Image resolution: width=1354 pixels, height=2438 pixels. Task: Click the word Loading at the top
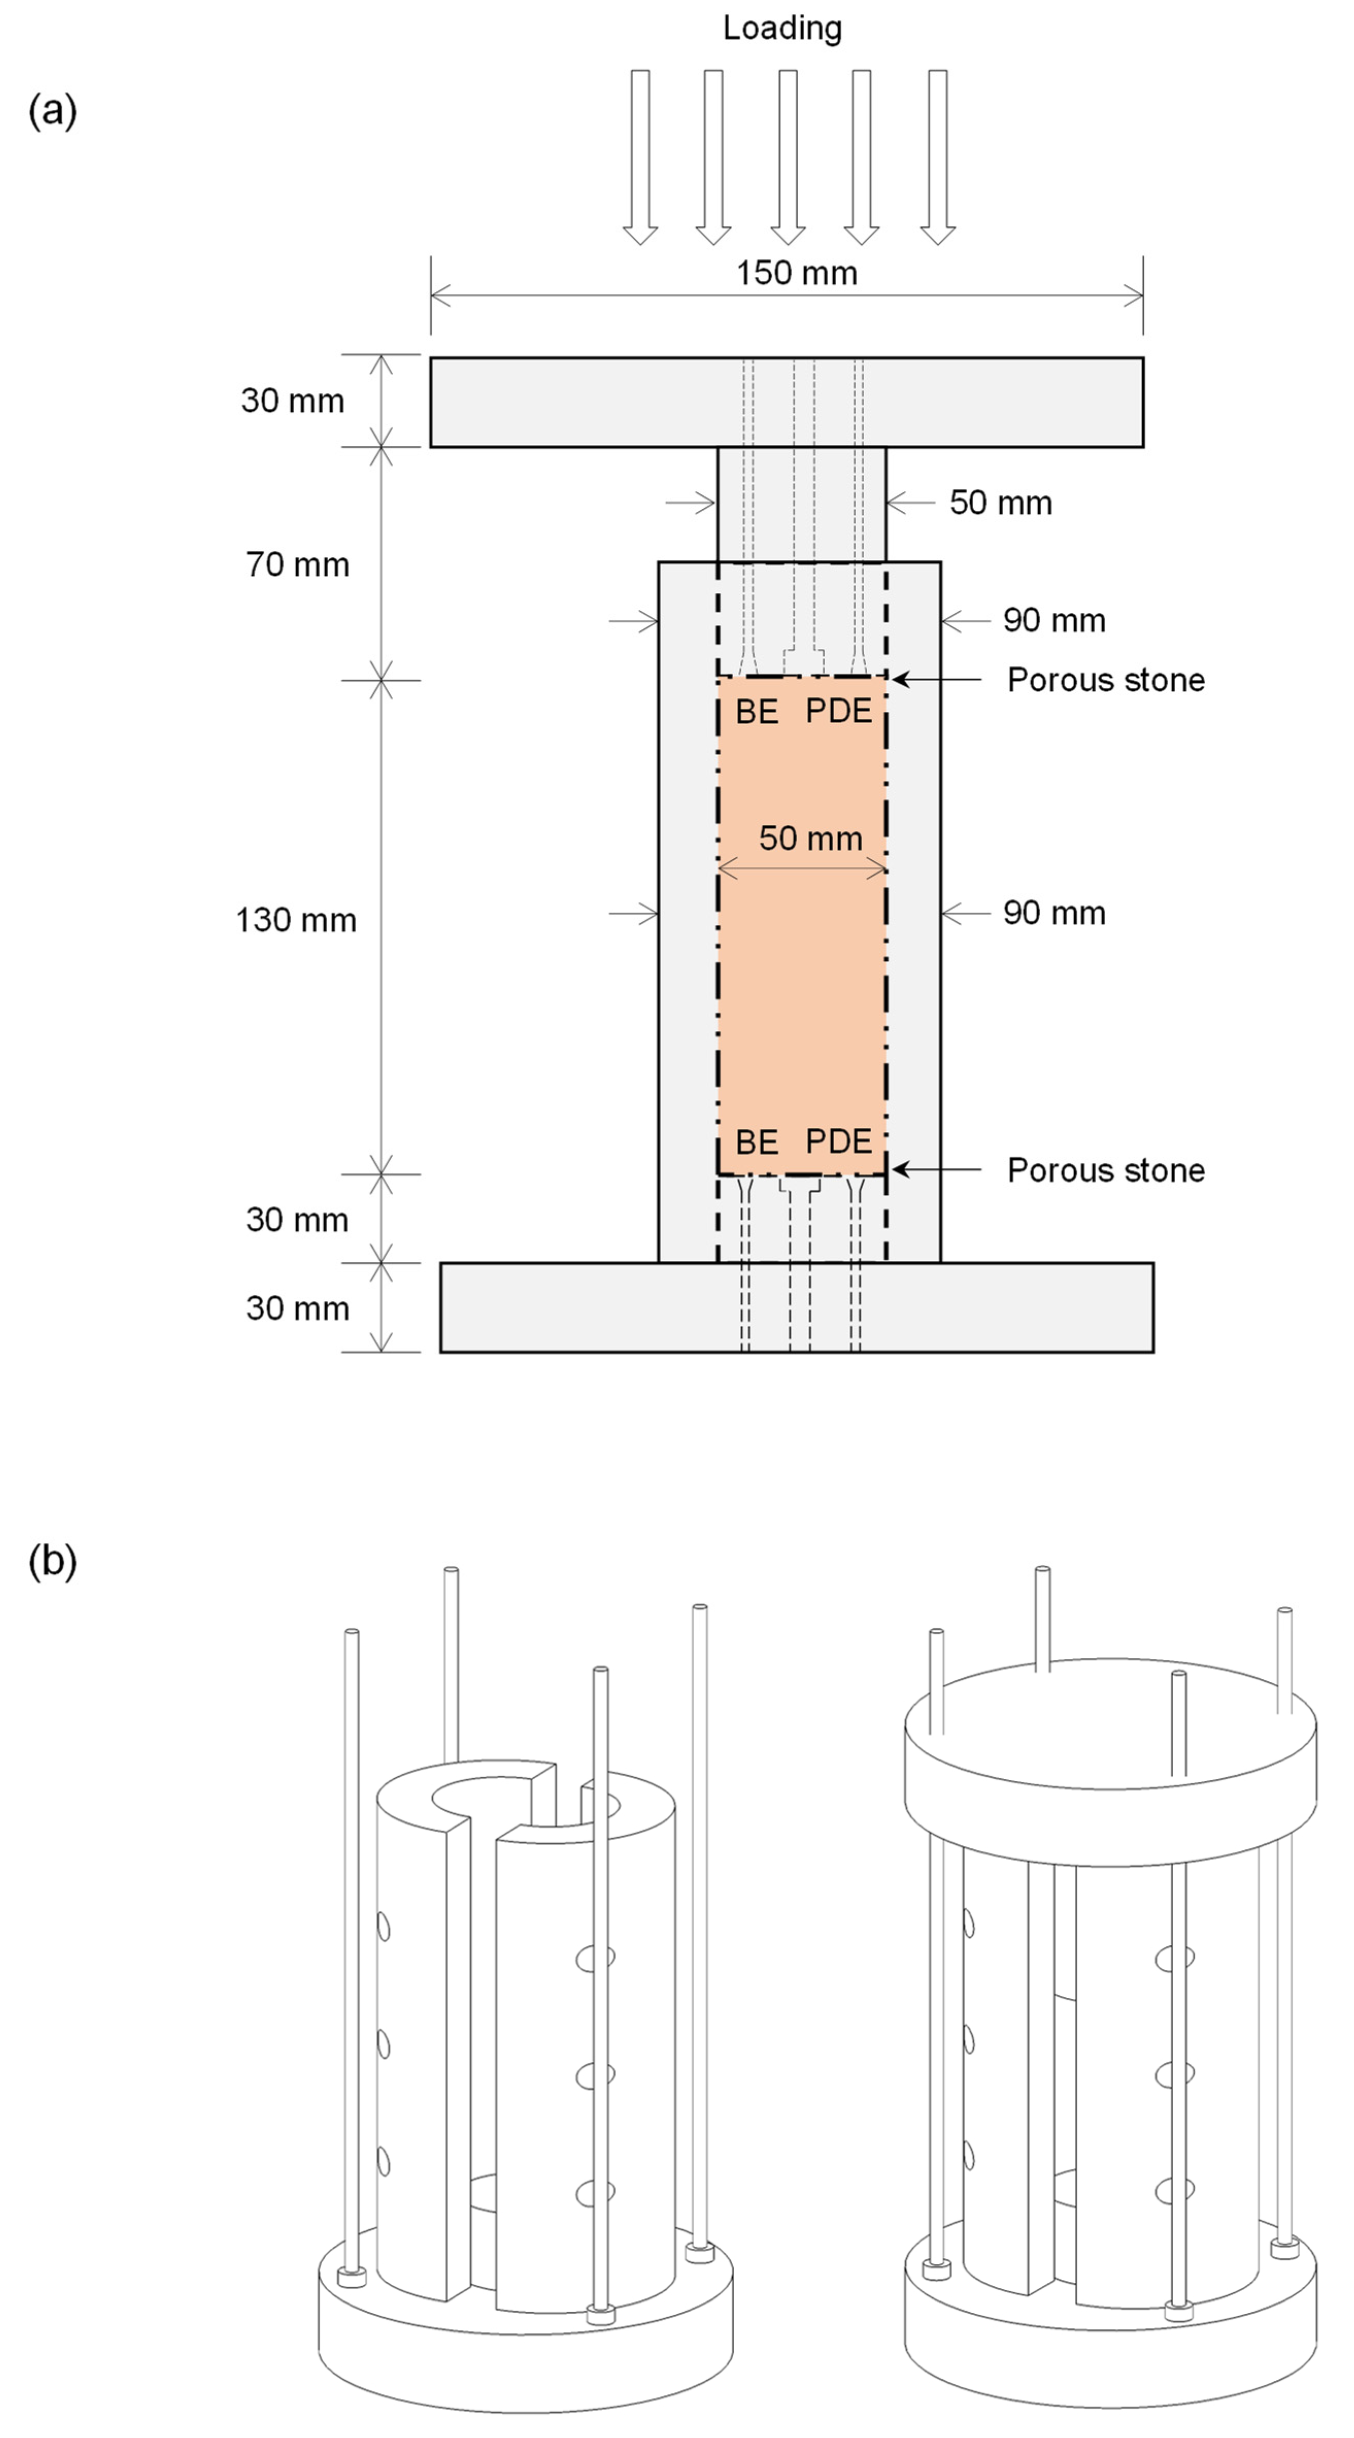coord(782,28)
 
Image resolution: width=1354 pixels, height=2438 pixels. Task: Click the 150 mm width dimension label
coord(797,274)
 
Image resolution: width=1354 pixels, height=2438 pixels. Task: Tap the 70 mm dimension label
coord(297,565)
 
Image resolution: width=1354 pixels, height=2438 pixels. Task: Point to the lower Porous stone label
coord(1105,1171)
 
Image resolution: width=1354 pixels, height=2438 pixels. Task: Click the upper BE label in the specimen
coord(757,712)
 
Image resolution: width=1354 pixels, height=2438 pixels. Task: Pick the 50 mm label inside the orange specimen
coord(810,839)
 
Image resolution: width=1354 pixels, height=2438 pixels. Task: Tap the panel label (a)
coord(52,111)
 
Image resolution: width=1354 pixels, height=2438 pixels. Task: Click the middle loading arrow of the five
coord(787,156)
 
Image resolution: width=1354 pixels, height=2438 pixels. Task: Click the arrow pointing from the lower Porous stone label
coord(937,1170)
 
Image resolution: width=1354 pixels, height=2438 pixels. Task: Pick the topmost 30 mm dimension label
coord(292,402)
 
